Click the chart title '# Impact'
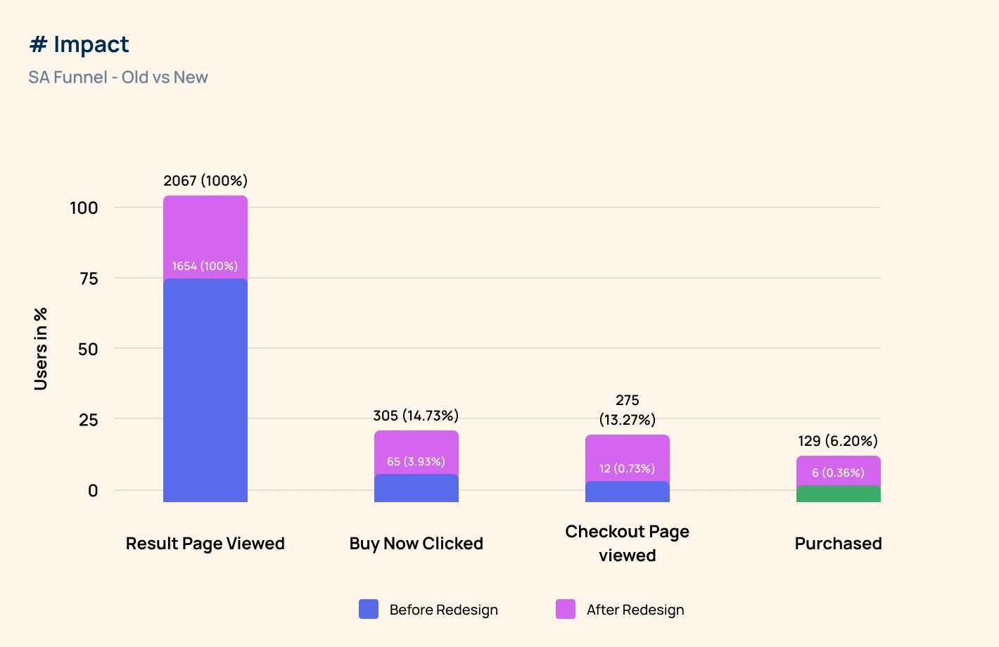(79, 45)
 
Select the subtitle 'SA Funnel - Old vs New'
(118, 77)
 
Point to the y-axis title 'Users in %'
(41, 349)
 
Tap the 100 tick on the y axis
(84, 208)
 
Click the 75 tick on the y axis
(89, 278)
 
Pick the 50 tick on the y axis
(88, 349)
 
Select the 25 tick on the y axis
(88, 420)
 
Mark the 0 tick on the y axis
(93, 491)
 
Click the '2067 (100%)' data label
(205, 181)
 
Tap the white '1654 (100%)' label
(205, 266)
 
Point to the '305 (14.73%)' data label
(416, 416)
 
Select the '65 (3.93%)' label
(416, 461)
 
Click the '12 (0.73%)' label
(627, 468)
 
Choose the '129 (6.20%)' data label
(838, 441)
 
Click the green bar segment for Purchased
(838, 494)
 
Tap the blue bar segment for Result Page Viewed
(205, 390)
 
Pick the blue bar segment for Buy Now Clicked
(416, 488)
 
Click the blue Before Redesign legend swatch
(369, 609)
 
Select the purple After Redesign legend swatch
(566, 609)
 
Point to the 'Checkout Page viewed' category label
(627, 543)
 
